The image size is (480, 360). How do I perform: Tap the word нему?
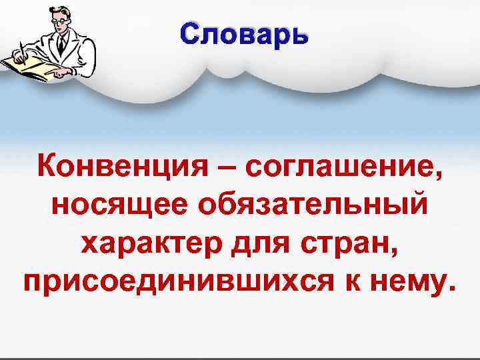[x=411, y=283]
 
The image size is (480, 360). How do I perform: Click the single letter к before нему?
[x=361, y=283]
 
